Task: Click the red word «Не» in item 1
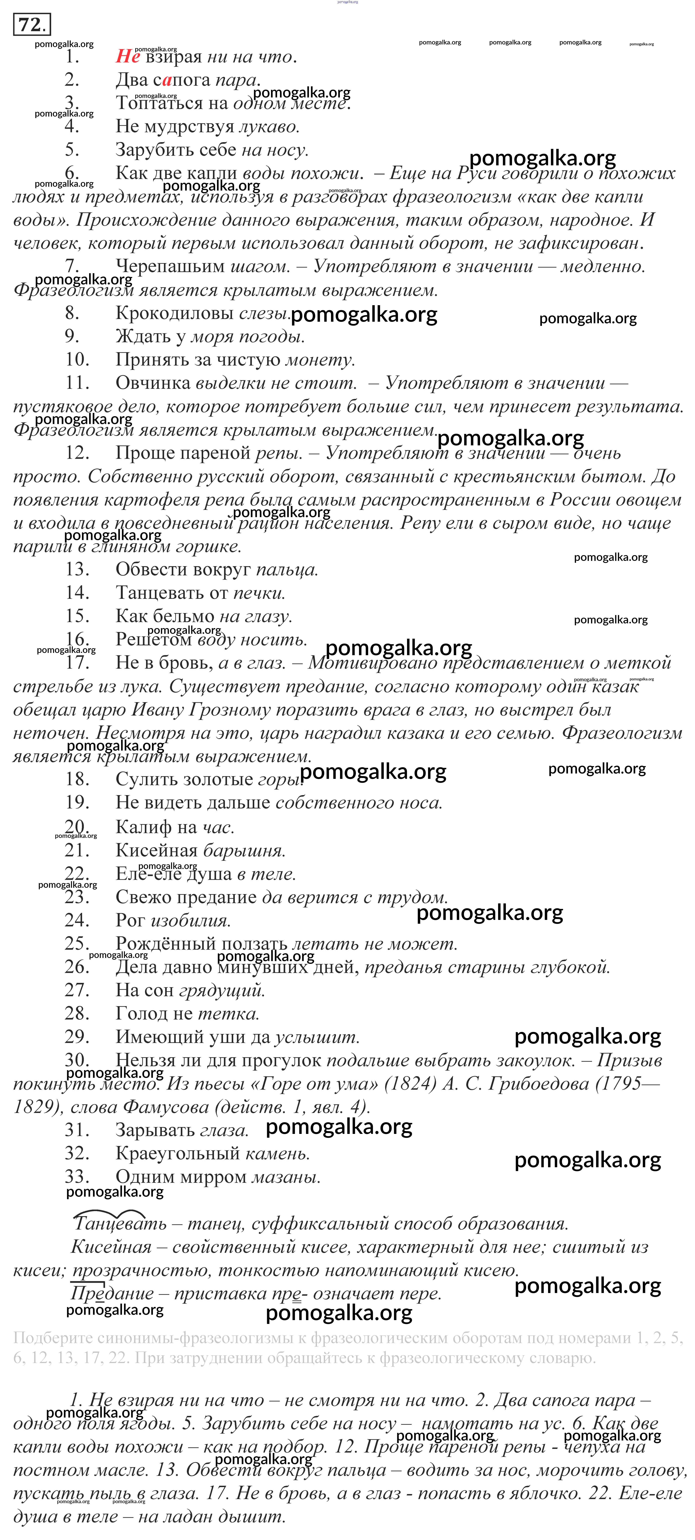[x=127, y=57]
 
